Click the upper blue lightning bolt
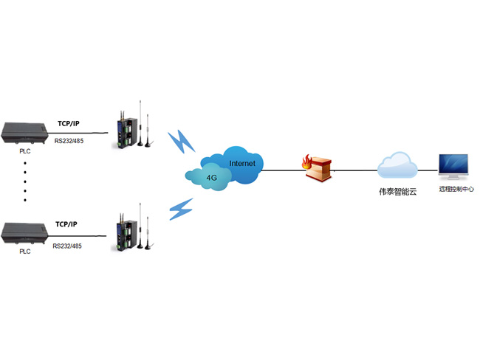[x=179, y=142]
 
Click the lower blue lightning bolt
[x=181, y=210]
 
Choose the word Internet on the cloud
[x=241, y=162]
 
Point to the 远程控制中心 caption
[x=453, y=190]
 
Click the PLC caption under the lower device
[x=25, y=252]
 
